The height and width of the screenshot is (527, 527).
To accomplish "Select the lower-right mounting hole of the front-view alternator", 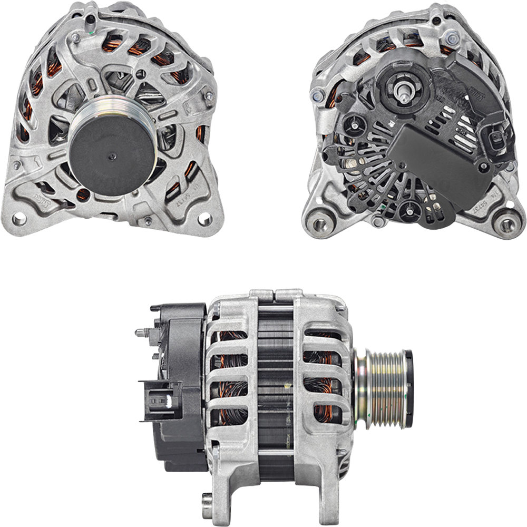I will tap(204, 219).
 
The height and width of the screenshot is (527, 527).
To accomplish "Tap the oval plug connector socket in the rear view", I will tap(494, 140).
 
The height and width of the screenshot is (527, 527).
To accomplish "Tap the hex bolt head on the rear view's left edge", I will tap(318, 96).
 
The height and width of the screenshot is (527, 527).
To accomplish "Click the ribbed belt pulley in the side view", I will tap(380, 387).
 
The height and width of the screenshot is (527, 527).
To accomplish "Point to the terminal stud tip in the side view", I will tap(139, 332).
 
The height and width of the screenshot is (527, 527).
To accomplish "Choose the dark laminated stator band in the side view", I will tap(275, 390).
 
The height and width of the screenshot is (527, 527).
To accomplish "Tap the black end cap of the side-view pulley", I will tap(409, 387).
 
